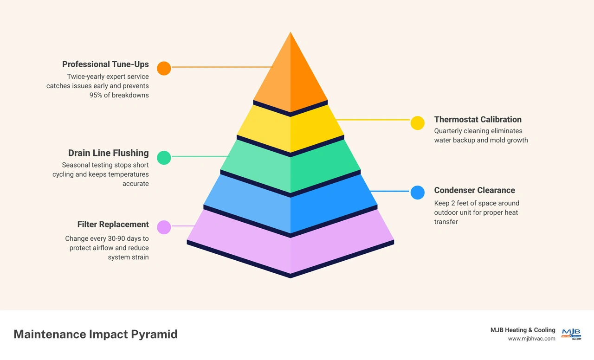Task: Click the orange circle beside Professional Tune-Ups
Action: (164, 68)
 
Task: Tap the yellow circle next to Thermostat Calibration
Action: (417, 123)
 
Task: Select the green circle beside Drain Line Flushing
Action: (164, 158)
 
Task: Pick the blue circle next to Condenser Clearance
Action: (417, 193)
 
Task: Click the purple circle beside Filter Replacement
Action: (164, 227)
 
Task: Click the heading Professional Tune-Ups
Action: (105, 64)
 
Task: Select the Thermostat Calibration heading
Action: (478, 120)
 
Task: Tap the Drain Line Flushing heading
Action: (109, 153)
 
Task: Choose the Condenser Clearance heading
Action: (475, 190)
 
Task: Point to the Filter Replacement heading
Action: (113, 225)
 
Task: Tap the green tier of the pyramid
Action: (291, 166)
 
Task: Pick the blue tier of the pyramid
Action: (291, 203)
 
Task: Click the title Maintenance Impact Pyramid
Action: (96, 334)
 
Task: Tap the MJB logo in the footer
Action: (571, 334)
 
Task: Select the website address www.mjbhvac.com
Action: (531, 339)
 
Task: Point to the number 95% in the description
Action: (96, 95)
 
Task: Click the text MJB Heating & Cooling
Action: (523, 330)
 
